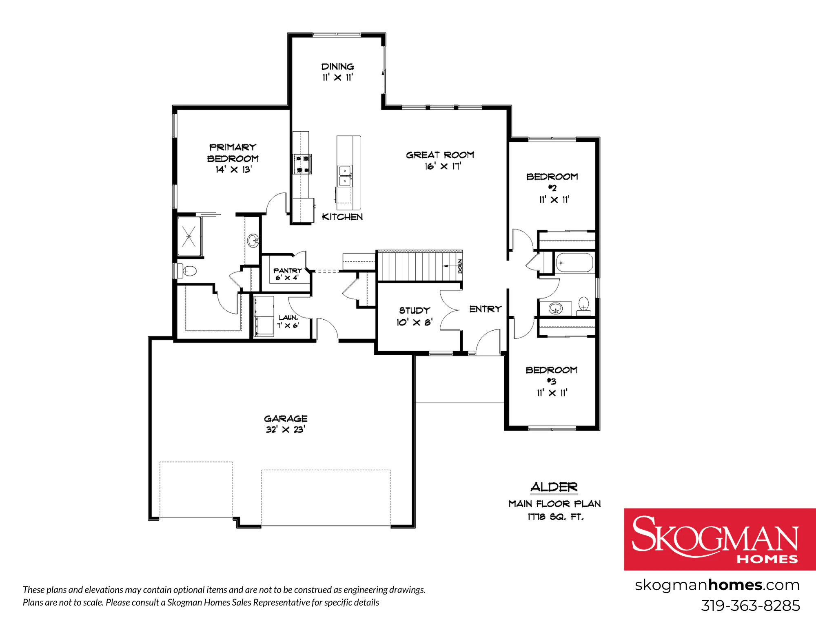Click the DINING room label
point(337,66)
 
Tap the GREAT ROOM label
point(440,155)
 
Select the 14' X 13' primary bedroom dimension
point(234,169)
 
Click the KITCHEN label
point(342,217)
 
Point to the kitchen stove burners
point(302,164)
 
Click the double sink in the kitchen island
point(345,176)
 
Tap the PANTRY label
point(288,270)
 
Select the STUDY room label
point(415,310)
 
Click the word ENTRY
point(485,309)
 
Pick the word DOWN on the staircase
point(460,266)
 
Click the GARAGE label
point(286,418)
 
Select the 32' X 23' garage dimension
point(286,429)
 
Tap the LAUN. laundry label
point(288,317)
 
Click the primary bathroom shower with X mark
point(189,237)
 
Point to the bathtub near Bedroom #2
point(574,263)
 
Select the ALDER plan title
point(554,487)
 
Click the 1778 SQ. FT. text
point(555,517)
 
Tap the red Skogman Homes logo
point(720,539)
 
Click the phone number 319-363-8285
point(750,606)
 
